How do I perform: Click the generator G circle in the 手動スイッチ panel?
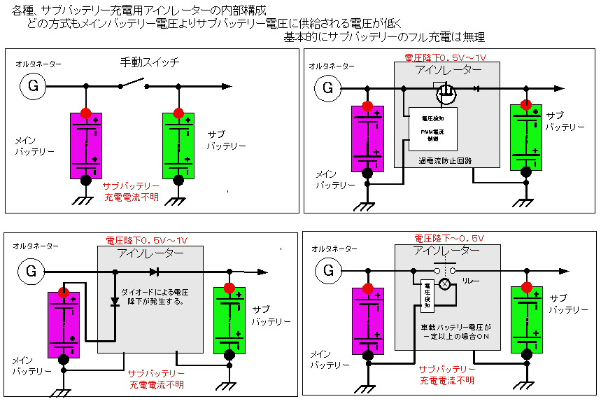click(32, 86)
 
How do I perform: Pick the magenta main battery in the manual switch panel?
click(86, 146)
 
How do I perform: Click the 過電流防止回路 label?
click(445, 160)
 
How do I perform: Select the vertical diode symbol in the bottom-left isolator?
click(114, 301)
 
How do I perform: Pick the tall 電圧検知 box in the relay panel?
click(428, 295)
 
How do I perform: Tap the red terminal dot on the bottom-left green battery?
click(229, 289)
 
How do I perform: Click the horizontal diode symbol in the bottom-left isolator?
click(155, 272)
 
